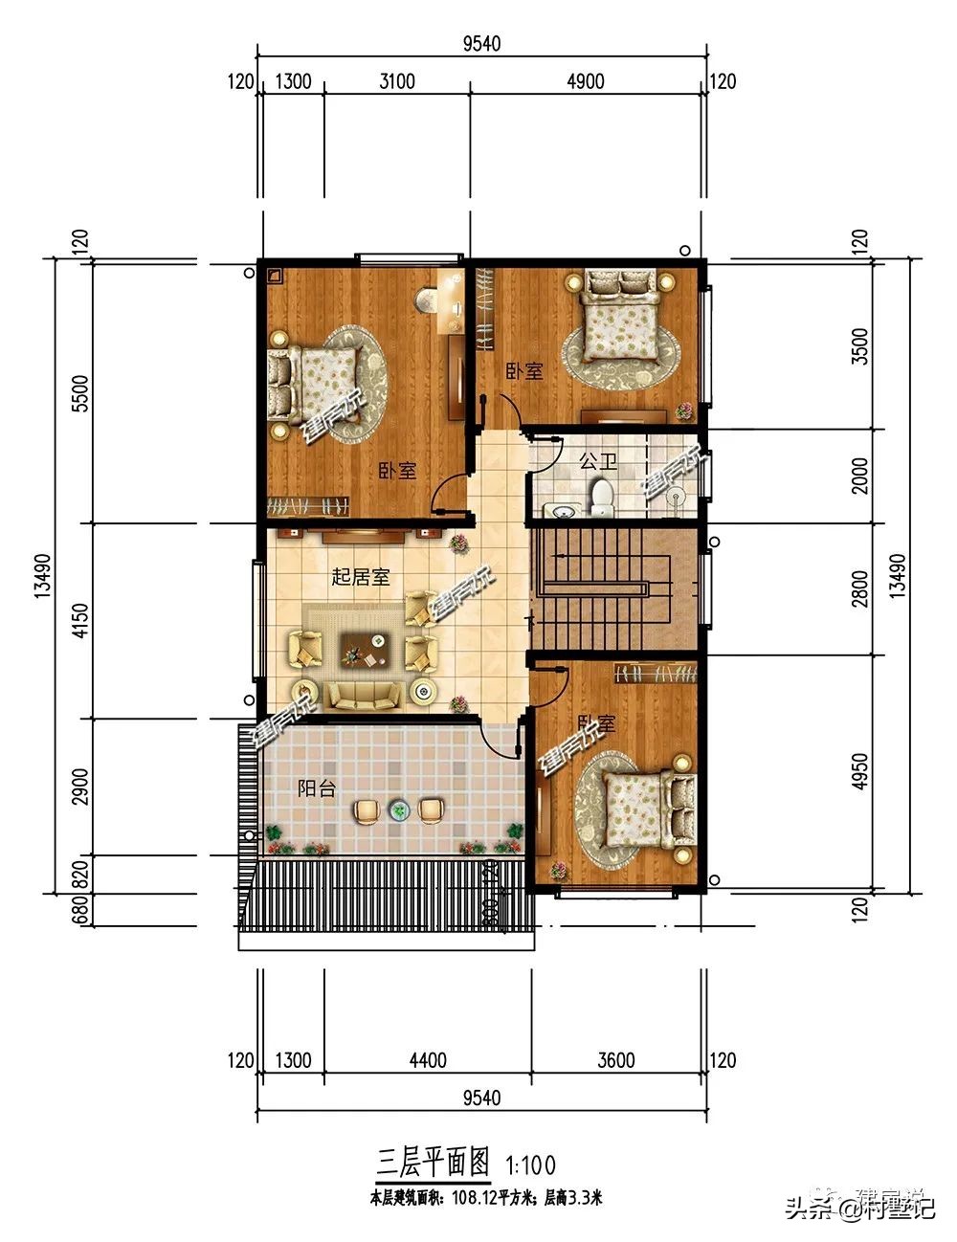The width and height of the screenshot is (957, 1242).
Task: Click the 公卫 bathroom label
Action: pos(597,461)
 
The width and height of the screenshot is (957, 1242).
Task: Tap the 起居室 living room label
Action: pos(360,577)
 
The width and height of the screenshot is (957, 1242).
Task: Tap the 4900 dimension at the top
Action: pos(586,81)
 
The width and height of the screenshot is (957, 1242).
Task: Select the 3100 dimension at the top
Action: pos(396,81)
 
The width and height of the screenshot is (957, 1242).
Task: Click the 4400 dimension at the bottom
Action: pos(427,1060)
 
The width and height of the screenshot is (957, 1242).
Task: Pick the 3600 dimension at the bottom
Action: pos(615,1060)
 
